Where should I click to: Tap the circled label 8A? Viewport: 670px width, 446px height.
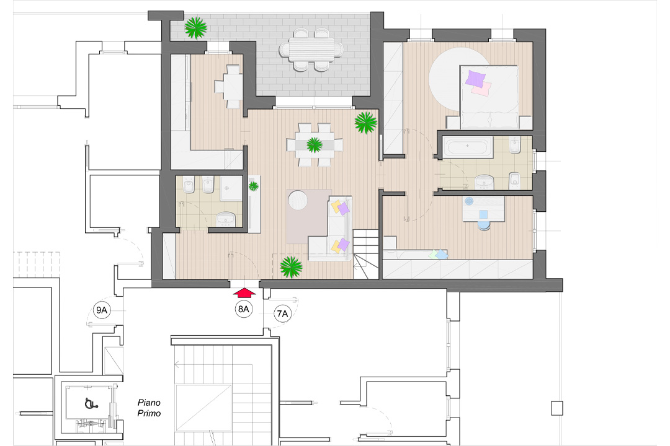(243, 309)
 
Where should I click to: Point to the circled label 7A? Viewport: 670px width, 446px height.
(282, 314)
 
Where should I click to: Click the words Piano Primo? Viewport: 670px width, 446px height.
(149, 407)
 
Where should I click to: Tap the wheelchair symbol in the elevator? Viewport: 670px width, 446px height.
(89, 403)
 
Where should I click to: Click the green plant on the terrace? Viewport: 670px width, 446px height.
(197, 27)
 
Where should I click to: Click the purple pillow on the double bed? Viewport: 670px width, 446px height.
(476, 79)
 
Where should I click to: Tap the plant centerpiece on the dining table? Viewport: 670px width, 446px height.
(315, 145)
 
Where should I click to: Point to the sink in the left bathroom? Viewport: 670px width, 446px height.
(225, 219)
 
